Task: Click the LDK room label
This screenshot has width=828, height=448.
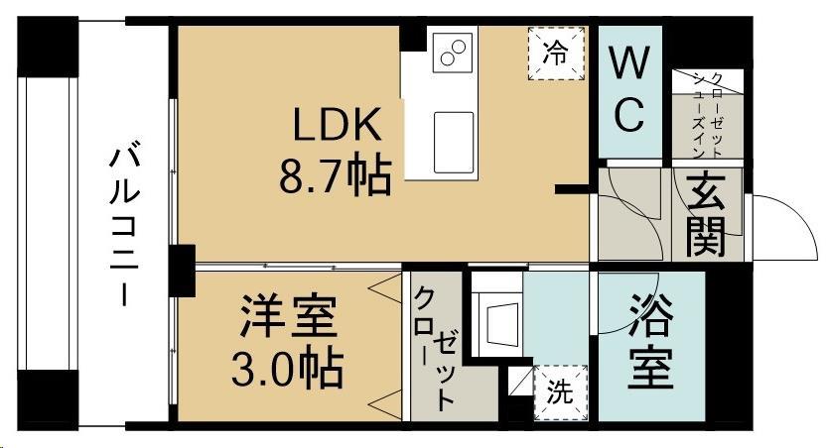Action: pyautogui.click(x=337, y=127)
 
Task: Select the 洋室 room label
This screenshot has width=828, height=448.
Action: pyautogui.click(x=289, y=319)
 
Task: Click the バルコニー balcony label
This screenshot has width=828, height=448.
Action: pyautogui.click(x=124, y=224)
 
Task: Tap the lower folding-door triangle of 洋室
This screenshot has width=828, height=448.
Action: pyautogui.click(x=381, y=401)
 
